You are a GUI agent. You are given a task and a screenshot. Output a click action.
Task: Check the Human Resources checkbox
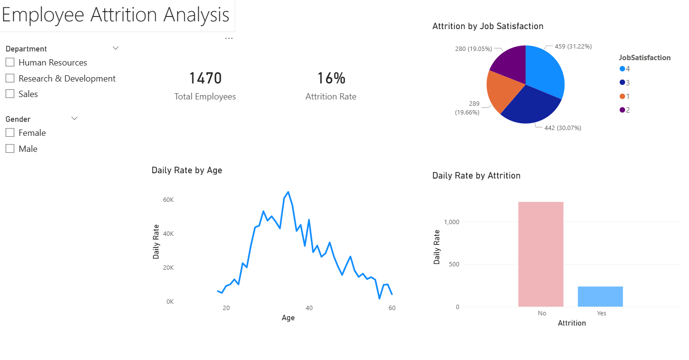coord(10,63)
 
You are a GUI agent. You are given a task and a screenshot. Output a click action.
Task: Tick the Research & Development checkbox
coord(10,79)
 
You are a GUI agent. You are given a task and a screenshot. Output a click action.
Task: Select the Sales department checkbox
coord(10,94)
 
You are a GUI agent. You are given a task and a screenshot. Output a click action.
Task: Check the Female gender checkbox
coord(10,133)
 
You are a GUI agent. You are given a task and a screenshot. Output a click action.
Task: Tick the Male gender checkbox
coord(10,149)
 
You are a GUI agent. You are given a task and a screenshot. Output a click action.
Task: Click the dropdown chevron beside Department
coord(115,48)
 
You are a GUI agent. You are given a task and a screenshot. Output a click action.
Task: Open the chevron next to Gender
coord(74,118)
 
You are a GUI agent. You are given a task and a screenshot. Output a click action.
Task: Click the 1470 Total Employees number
coord(205,78)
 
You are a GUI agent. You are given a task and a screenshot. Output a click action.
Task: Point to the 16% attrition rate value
coord(331,78)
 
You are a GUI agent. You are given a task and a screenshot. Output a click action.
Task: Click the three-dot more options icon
coord(229,38)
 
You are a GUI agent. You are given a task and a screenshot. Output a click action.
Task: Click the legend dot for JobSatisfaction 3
coord(622,82)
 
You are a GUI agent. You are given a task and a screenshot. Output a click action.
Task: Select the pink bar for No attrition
coord(541,254)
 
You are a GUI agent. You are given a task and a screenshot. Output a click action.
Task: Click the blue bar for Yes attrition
coord(600,296)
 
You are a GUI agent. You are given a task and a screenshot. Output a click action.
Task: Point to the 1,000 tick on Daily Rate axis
coord(451,222)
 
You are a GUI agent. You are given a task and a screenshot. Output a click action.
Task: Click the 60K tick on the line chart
coord(168,200)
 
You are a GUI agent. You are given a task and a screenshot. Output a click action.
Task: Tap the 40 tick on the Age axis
coord(309,308)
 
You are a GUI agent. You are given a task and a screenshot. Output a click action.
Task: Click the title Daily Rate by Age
coord(187,170)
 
